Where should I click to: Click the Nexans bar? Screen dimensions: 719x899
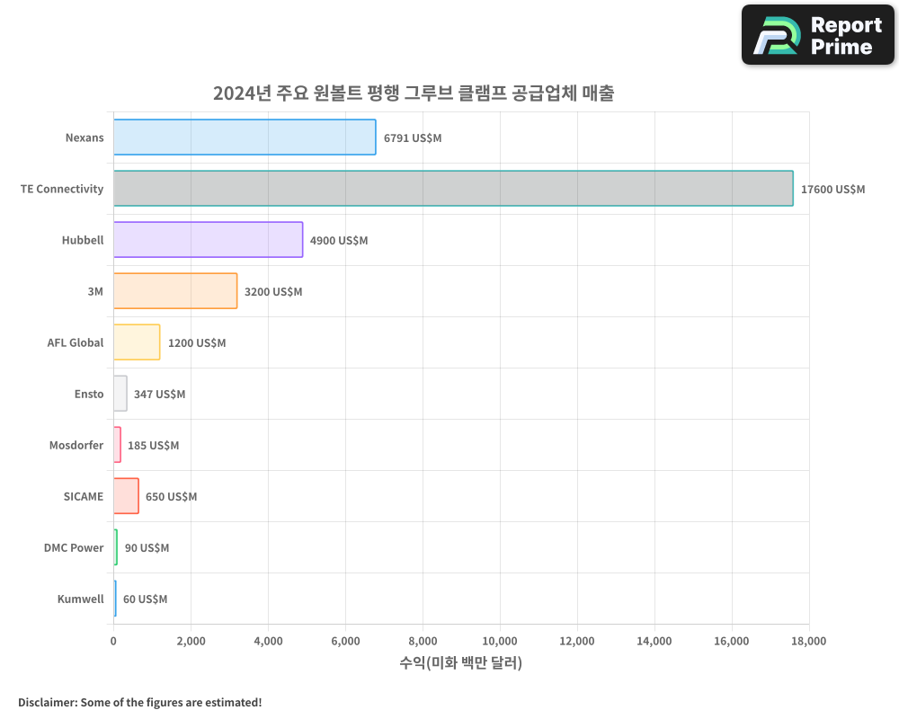pyautogui.click(x=245, y=138)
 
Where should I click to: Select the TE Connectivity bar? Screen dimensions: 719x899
pyautogui.click(x=453, y=189)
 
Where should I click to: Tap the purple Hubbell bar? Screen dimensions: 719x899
pyautogui.click(x=208, y=240)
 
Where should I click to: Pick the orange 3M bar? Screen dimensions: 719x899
pyautogui.click(x=175, y=291)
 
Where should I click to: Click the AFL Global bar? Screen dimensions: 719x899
pyautogui.click(x=137, y=342)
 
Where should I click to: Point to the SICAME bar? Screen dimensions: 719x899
pyautogui.click(x=126, y=496)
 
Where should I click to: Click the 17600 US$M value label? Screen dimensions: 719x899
pyautogui.click(x=832, y=190)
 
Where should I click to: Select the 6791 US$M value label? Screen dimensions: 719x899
pyautogui.click(x=413, y=138)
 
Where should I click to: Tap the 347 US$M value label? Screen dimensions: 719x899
pyautogui.click(x=159, y=395)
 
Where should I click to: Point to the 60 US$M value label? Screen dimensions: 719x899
pyautogui.click(x=145, y=599)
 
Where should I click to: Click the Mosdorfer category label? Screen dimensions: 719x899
pyautogui.click(x=76, y=445)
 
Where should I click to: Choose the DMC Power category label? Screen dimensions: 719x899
pyautogui.click(x=74, y=547)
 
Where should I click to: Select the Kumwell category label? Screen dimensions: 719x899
pyautogui.click(x=80, y=599)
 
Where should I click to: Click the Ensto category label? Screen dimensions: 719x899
pyautogui.click(x=89, y=394)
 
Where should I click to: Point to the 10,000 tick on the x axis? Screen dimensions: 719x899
pyautogui.click(x=500, y=641)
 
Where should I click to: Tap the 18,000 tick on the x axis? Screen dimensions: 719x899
pyautogui.click(x=808, y=641)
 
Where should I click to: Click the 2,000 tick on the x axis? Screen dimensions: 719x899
pyautogui.click(x=191, y=641)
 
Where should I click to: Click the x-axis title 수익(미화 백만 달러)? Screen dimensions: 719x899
pyautogui.click(x=460, y=663)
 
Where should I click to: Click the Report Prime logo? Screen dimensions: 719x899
pyautogui.click(x=817, y=35)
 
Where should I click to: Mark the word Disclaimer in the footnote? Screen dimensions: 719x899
pyautogui.click(x=46, y=702)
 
